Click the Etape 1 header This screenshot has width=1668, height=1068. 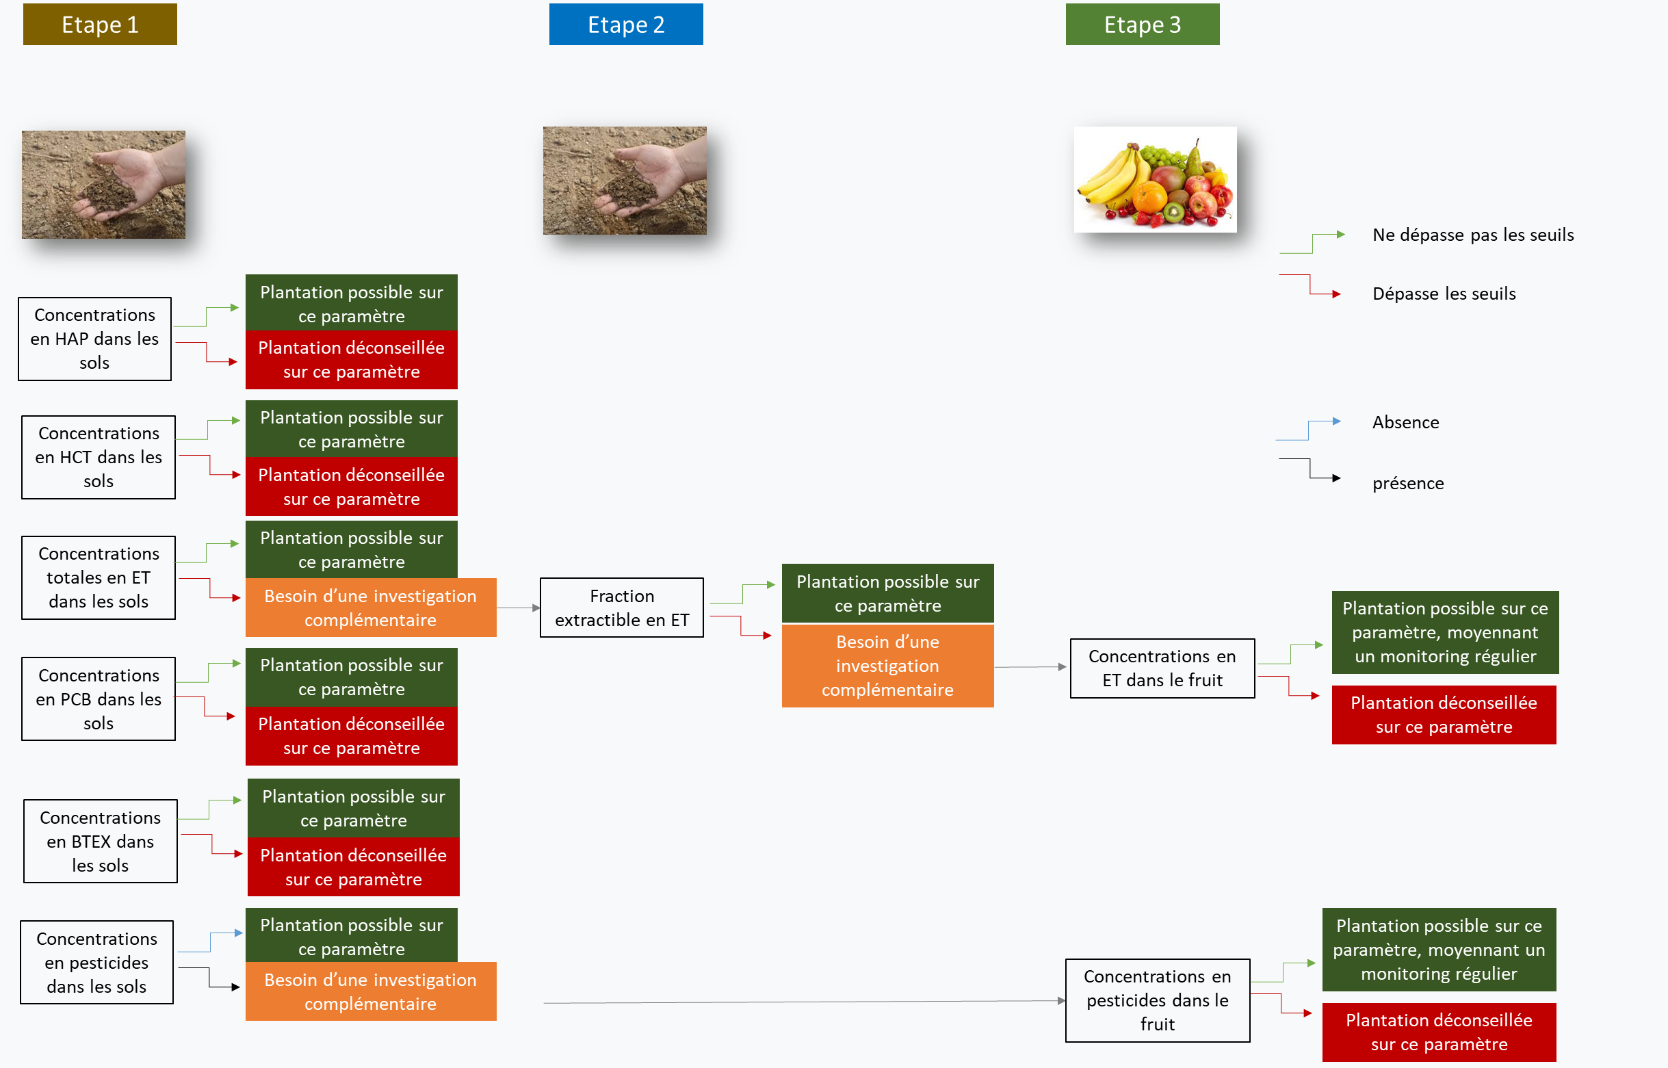click(x=100, y=24)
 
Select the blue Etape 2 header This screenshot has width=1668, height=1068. click(x=625, y=24)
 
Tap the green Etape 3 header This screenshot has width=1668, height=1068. click(x=1142, y=24)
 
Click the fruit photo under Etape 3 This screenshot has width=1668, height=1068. click(x=1155, y=180)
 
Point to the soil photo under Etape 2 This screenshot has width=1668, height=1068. click(x=624, y=181)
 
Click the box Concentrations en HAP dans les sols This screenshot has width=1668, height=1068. click(x=94, y=339)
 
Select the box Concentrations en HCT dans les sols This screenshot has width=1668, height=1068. click(x=99, y=457)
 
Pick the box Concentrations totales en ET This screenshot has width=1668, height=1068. click(x=99, y=577)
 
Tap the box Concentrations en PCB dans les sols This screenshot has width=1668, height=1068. click(x=99, y=699)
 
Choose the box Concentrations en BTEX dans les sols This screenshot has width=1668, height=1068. click(x=101, y=842)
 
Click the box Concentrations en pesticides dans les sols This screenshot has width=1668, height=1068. click(x=96, y=963)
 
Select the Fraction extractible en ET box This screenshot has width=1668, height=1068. click(x=621, y=608)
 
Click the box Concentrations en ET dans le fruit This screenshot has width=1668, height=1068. click(x=1162, y=668)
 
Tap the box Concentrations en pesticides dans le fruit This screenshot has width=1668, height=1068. click(x=1157, y=1000)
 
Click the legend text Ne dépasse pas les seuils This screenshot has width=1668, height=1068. click(x=1472, y=235)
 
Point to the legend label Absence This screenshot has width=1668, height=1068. click(x=1405, y=422)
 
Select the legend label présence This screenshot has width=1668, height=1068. click(x=1407, y=484)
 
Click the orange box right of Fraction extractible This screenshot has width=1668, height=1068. click(x=887, y=666)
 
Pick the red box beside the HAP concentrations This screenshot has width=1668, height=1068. click(x=351, y=360)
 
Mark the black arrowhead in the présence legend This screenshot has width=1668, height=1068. click(x=1335, y=478)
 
